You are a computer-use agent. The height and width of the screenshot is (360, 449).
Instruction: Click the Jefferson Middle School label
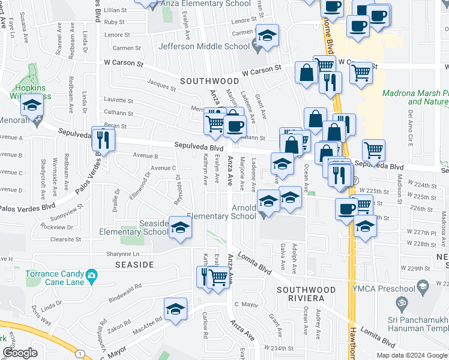coord(204,46)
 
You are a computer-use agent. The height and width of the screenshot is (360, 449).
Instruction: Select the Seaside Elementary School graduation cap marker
coord(179,229)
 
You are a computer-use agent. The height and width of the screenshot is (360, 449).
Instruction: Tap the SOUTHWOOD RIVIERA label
coord(300,293)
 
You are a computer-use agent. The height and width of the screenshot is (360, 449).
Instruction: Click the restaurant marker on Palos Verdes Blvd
coord(103,139)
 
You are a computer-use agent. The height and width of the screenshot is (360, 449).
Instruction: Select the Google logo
coord(20,353)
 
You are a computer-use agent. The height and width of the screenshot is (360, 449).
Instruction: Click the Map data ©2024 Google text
coord(412,355)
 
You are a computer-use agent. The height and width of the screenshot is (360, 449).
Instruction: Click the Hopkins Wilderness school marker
coord(31,106)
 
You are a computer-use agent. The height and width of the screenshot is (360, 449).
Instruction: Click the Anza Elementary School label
coord(207,4)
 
